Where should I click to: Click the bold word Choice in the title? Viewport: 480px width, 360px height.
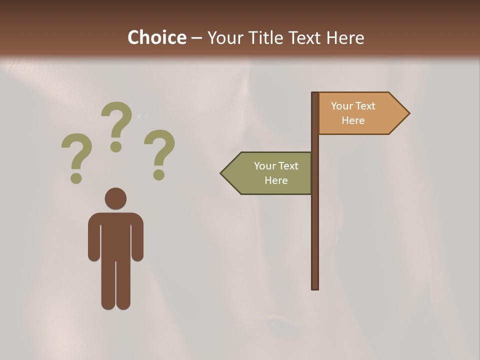coord(156,37)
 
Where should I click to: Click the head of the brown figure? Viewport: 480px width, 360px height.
coord(115,198)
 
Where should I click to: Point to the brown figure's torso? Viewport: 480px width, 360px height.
coord(115,235)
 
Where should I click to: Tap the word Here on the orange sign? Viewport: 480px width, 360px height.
coord(353,120)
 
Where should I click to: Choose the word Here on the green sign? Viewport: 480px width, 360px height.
coord(276,180)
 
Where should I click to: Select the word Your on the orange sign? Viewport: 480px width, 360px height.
coord(342,106)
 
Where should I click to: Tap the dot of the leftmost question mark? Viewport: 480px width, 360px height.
coord(76,177)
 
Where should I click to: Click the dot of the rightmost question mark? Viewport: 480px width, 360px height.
coord(159,174)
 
